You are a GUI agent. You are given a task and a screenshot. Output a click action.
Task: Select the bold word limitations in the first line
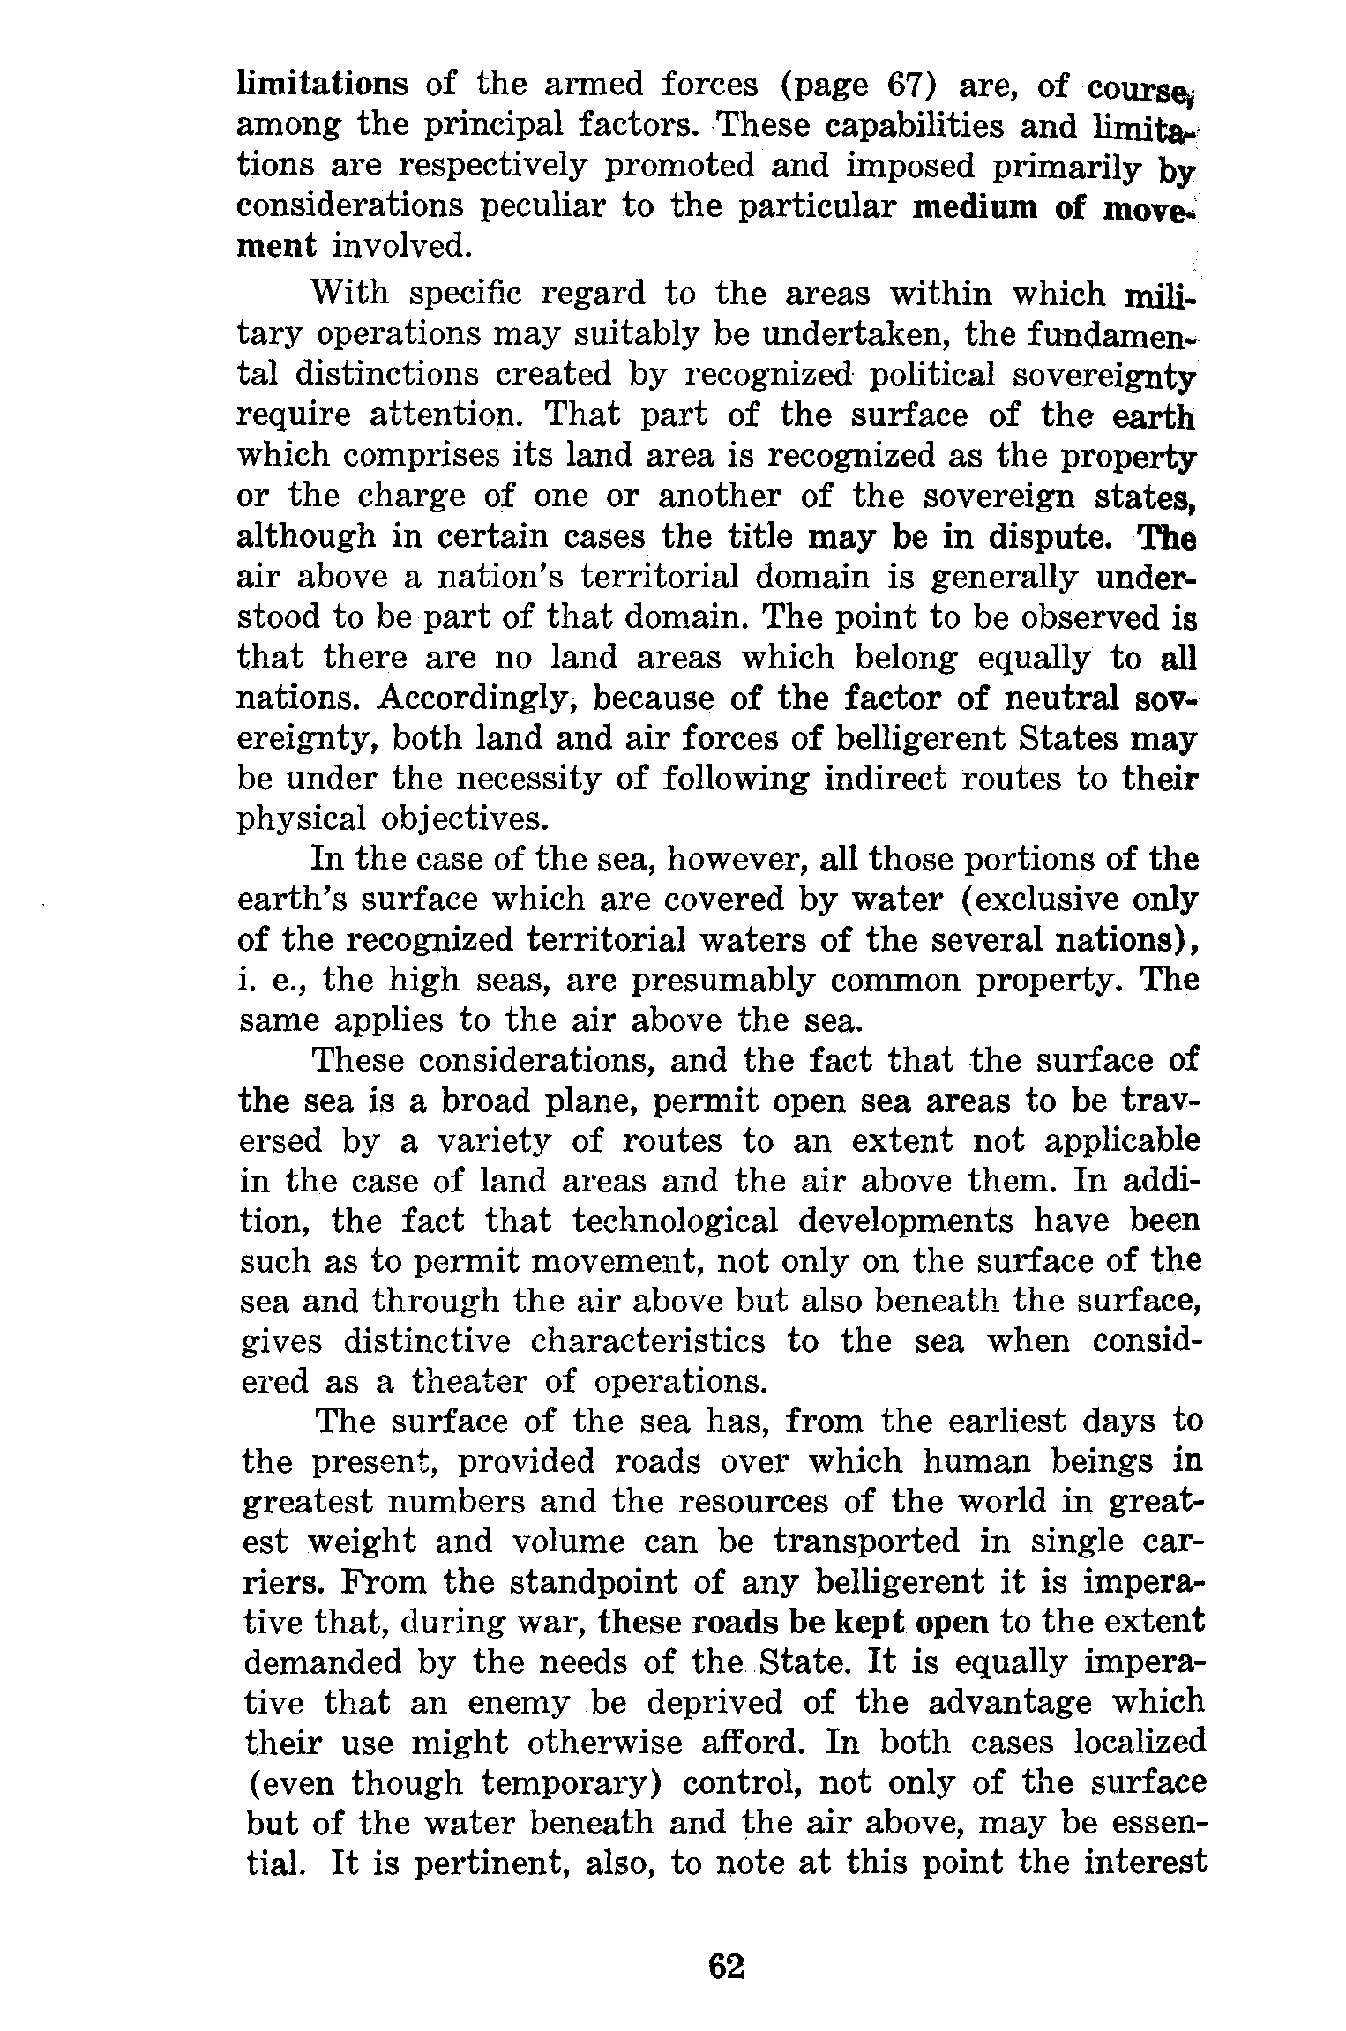click(x=323, y=85)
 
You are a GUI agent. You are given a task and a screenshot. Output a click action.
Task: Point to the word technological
click(x=675, y=1221)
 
